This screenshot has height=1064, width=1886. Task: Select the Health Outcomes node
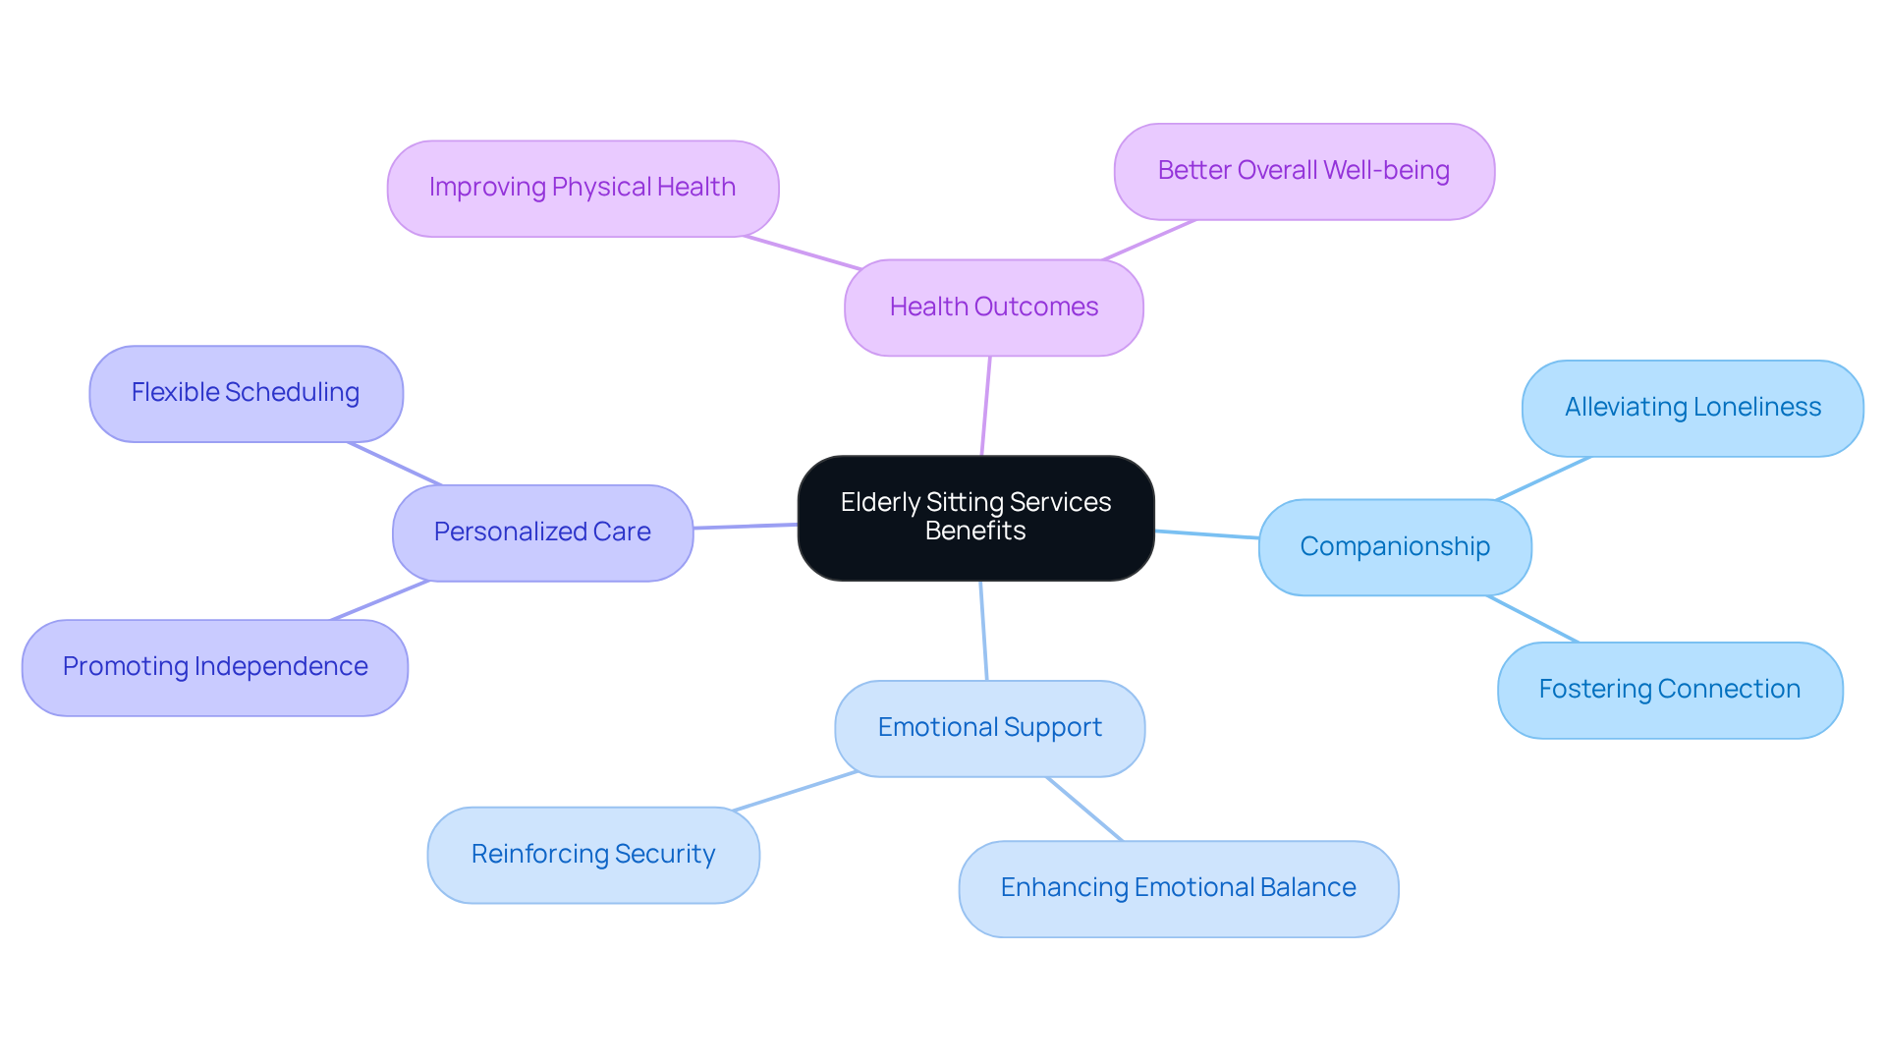click(993, 308)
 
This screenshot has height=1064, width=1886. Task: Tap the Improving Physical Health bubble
click(582, 188)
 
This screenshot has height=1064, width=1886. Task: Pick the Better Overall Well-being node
click(1304, 171)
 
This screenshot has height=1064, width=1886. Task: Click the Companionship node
click(1394, 547)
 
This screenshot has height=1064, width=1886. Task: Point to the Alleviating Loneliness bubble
click(1692, 408)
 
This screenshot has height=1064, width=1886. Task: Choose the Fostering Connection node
click(1669, 690)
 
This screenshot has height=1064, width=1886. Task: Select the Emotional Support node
click(989, 728)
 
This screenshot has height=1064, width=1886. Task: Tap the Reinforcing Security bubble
click(592, 855)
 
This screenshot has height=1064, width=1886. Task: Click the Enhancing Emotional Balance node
click(1178, 888)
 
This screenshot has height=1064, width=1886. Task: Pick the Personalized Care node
click(542, 532)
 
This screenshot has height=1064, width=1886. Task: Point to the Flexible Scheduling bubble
click(246, 393)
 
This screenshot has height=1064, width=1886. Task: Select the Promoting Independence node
click(214, 667)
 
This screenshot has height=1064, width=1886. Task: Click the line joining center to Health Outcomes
click(986, 406)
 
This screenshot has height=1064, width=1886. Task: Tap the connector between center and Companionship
click(1206, 534)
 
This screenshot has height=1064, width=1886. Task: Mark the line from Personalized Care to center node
click(746, 527)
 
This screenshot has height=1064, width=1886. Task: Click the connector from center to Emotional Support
click(983, 631)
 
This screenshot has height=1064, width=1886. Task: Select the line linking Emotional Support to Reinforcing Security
click(796, 791)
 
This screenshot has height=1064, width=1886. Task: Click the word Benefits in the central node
click(975, 532)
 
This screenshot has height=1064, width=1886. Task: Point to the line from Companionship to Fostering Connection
click(1533, 619)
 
